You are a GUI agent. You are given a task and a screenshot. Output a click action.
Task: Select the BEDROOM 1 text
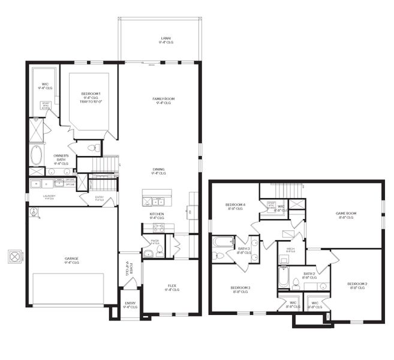coord(91,94)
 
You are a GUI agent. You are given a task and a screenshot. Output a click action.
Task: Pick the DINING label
coord(158,169)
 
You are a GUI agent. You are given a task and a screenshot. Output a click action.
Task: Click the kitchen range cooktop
coord(158,228)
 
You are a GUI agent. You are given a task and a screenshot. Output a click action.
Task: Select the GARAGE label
coord(72,259)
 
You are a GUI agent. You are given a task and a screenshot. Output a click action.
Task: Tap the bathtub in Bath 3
coord(222,243)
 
